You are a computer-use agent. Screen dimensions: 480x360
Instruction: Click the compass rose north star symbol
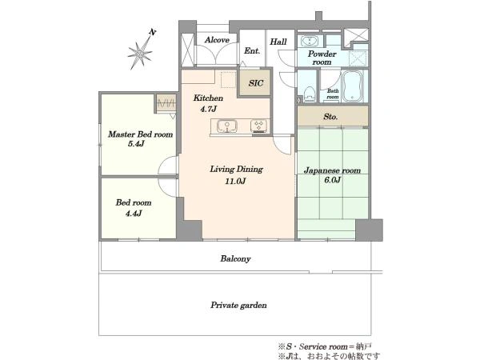click(141, 53)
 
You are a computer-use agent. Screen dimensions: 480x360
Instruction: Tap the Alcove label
click(217, 40)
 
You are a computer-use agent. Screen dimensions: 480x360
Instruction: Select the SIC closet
click(255, 82)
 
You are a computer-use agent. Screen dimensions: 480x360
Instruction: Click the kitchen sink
click(227, 126)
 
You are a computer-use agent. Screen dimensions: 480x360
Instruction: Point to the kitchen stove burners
click(259, 126)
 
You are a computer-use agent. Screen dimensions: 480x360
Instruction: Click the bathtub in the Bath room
click(352, 86)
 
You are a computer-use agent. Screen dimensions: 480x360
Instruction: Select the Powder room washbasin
click(310, 41)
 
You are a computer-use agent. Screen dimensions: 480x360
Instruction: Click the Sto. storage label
click(330, 117)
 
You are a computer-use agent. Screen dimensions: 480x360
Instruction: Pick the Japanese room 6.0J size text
click(333, 180)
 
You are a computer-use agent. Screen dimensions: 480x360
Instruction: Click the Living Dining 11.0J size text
click(235, 182)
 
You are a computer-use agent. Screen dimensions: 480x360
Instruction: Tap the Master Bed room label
click(140, 134)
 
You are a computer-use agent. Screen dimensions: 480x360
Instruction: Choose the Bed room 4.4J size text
click(134, 214)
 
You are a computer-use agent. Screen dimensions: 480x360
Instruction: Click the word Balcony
click(235, 259)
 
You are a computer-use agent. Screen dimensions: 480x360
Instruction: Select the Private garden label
click(238, 306)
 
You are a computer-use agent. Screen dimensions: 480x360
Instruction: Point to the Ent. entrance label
click(252, 51)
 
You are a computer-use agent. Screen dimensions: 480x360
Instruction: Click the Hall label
click(278, 42)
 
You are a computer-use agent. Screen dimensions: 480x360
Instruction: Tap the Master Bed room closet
click(166, 103)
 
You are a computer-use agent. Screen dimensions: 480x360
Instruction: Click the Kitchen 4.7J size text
click(209, 109)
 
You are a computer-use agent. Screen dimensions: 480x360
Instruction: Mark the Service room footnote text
click(325, 347)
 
